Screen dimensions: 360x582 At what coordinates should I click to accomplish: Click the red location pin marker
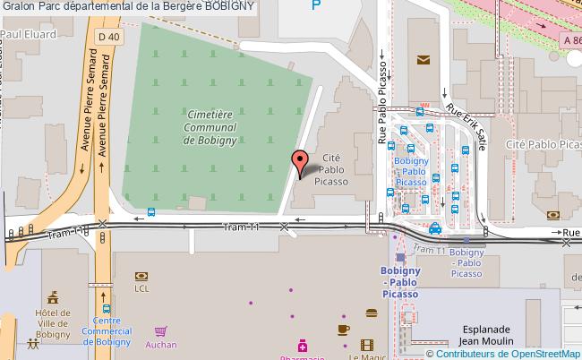300,163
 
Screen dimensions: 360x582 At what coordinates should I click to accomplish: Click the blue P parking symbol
314,6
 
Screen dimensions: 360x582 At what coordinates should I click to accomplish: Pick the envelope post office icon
424,61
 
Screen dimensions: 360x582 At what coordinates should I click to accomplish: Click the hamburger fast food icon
371,313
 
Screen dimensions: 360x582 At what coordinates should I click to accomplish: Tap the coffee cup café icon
343,329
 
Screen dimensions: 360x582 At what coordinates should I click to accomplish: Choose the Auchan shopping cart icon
160,330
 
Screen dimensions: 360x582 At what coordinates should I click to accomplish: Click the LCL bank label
141,288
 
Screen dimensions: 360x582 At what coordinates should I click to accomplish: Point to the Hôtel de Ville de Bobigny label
53,322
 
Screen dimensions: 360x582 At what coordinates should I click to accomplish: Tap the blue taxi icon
435,228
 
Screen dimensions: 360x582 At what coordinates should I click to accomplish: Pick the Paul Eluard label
28,34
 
